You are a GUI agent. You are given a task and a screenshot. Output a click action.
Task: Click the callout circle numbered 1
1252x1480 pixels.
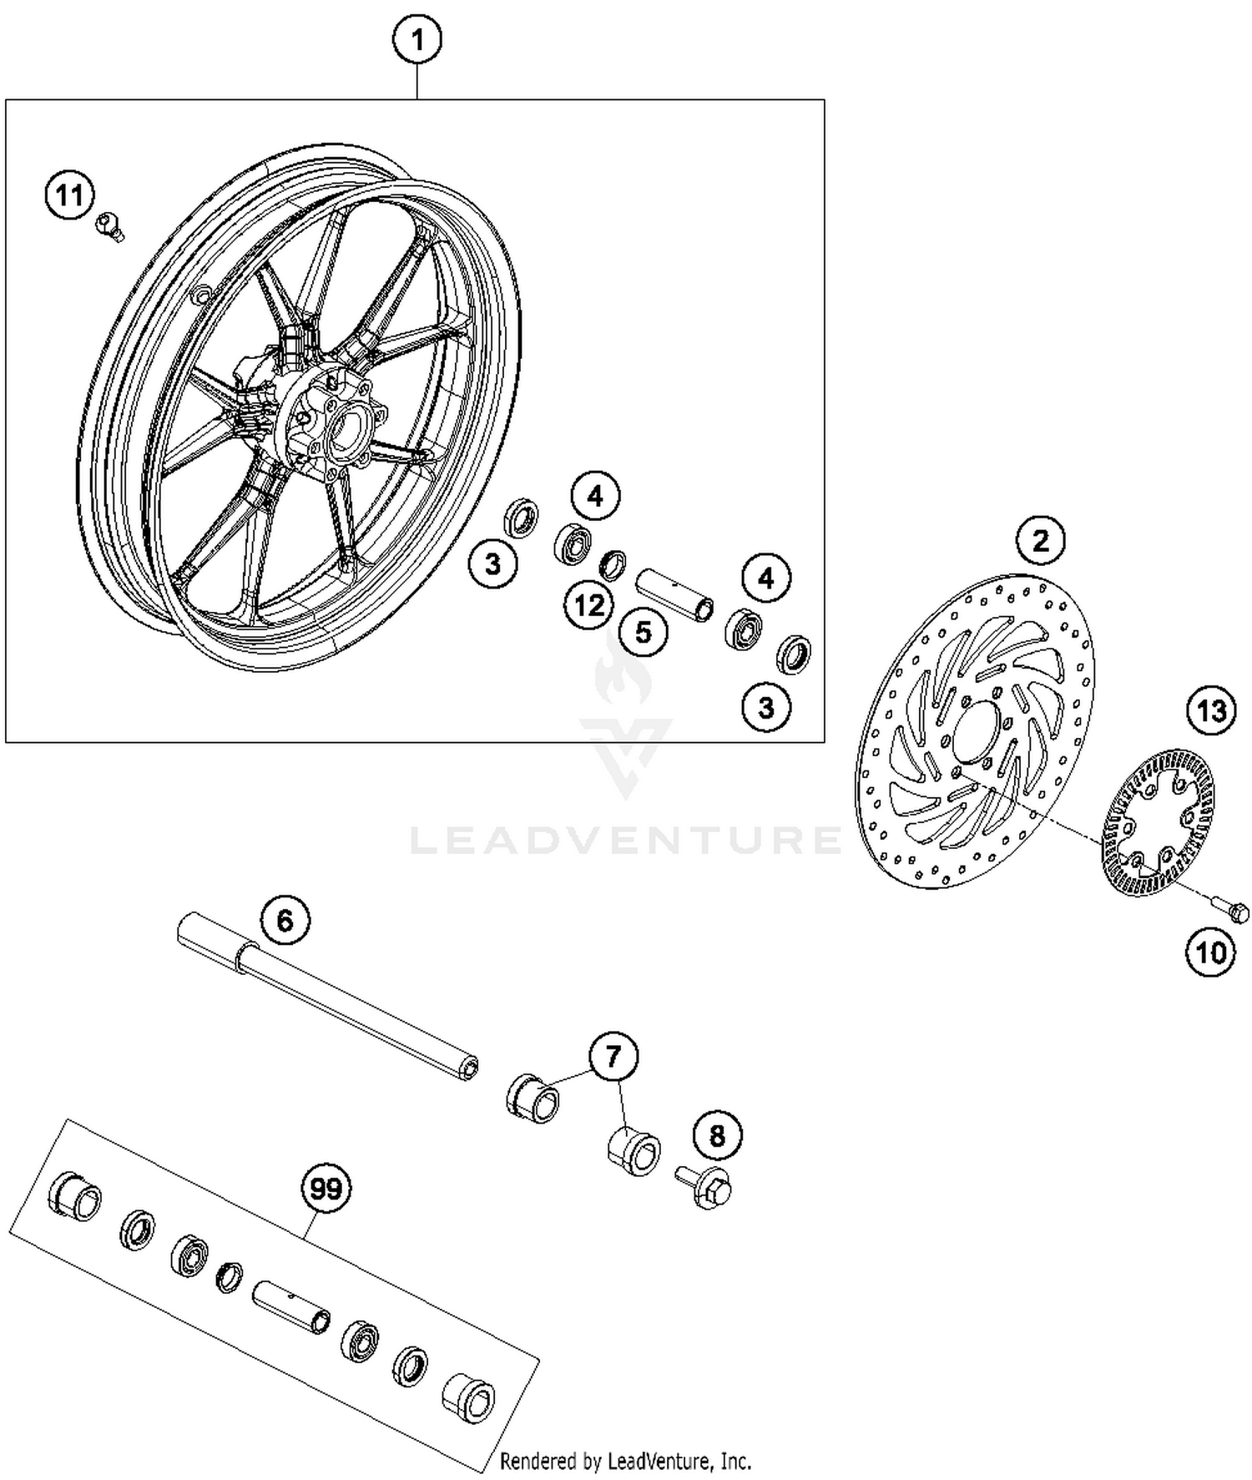417,39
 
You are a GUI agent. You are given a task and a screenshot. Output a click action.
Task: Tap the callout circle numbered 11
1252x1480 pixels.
69,196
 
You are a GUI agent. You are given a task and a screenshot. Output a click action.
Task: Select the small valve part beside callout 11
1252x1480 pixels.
109,225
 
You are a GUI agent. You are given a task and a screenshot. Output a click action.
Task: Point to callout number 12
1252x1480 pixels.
589,604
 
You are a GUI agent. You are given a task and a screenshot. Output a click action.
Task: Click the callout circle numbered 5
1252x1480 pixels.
643,632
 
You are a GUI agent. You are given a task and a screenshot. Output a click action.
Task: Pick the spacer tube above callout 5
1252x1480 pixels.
675,594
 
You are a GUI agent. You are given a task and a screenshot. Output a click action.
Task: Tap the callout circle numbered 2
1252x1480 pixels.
1040,541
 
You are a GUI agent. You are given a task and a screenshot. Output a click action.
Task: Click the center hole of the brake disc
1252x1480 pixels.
977,731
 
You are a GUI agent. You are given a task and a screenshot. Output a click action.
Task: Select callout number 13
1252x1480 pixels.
1211,711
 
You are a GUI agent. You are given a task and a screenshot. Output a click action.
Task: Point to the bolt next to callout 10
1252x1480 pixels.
1230,907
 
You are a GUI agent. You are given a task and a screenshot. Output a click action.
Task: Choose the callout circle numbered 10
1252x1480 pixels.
1210,952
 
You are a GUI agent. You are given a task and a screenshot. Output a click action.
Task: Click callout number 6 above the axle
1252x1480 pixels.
285,921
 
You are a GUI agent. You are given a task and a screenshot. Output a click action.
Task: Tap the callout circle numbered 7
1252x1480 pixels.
613,1057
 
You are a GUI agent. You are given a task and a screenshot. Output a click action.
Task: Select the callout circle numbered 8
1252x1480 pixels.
716,1135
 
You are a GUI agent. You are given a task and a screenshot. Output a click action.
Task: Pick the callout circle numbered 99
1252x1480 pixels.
326,1188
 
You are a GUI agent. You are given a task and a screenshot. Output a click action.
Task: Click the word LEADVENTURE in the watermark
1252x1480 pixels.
626,839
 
